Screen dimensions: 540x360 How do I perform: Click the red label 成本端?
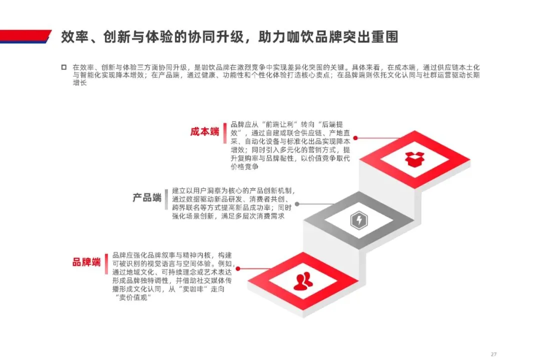[204, 132]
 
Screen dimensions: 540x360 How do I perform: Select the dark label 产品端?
[146, 197]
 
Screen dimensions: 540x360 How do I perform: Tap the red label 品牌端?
[86, 261]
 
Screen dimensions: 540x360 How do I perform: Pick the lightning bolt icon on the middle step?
[358, 219]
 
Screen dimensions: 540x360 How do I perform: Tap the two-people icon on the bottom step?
[303, 281]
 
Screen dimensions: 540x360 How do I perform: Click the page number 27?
[493, 353]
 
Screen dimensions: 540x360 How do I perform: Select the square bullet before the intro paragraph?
[63, 67]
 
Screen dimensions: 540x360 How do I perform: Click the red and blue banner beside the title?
[25, 36]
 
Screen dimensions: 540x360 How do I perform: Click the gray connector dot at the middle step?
[297, 204]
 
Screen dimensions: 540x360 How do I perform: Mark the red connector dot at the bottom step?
[237, 268]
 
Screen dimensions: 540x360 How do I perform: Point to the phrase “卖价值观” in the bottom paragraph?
[133, 297]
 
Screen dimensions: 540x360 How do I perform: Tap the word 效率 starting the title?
[71, 37]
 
